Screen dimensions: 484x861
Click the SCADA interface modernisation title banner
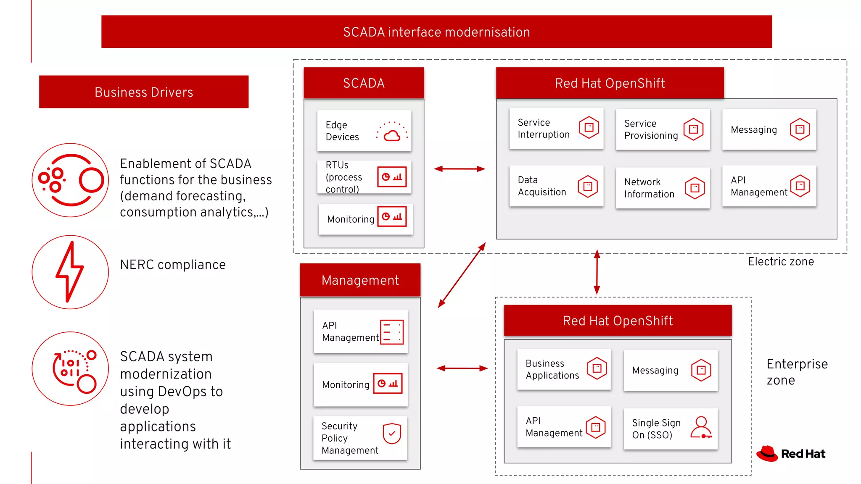tap(436, 32)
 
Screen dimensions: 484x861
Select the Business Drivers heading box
tap(144, 92)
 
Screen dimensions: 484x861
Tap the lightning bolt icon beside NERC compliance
tap(70, 272)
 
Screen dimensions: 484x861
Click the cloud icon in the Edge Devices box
tap(392, 134)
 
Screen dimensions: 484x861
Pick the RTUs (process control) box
tap(364, 177)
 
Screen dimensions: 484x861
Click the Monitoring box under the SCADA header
tap(365, 219)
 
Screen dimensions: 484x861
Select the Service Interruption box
tap(556, 129)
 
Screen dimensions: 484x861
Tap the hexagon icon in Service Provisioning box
tap(693, 129)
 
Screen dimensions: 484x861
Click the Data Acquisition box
tap(556, 186)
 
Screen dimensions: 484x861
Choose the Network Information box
tap(663, 188)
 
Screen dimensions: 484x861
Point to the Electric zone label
tap(781, 262)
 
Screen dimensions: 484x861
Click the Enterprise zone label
tap(797, 372)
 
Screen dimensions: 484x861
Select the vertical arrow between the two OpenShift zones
tap(597, 272)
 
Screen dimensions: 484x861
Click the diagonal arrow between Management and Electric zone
tap(462, 275)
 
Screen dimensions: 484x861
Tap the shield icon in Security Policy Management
tap(392, 434)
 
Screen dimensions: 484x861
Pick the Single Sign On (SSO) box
tap(671, 429)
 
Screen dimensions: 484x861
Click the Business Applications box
tap(564, 369)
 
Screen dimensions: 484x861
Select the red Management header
tap(360, 280)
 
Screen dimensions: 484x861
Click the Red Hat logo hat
tap(767, 453)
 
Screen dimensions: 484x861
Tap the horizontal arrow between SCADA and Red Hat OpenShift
tap(460, 169)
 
